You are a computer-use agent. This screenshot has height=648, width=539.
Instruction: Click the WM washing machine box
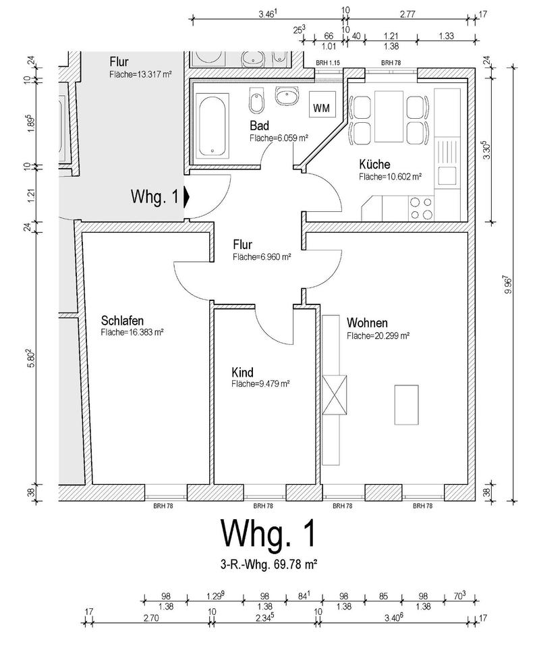click(x=320, y=107)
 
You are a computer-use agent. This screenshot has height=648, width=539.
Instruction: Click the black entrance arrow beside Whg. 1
click(x=187, y=197)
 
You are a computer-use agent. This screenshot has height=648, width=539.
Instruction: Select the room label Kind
click(x=242, y=373)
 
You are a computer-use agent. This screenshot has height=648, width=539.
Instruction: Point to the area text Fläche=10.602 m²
click(x=391, y=177)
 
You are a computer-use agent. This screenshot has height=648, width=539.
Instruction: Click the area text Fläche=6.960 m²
click(x=262, y=257)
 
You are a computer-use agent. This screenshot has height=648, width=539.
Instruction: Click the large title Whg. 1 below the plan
click(x=268, y=534)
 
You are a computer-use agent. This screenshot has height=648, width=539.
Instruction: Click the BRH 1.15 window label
click(x=329, y=63)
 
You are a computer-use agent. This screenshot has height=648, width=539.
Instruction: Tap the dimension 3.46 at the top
click(x=268, y=13)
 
